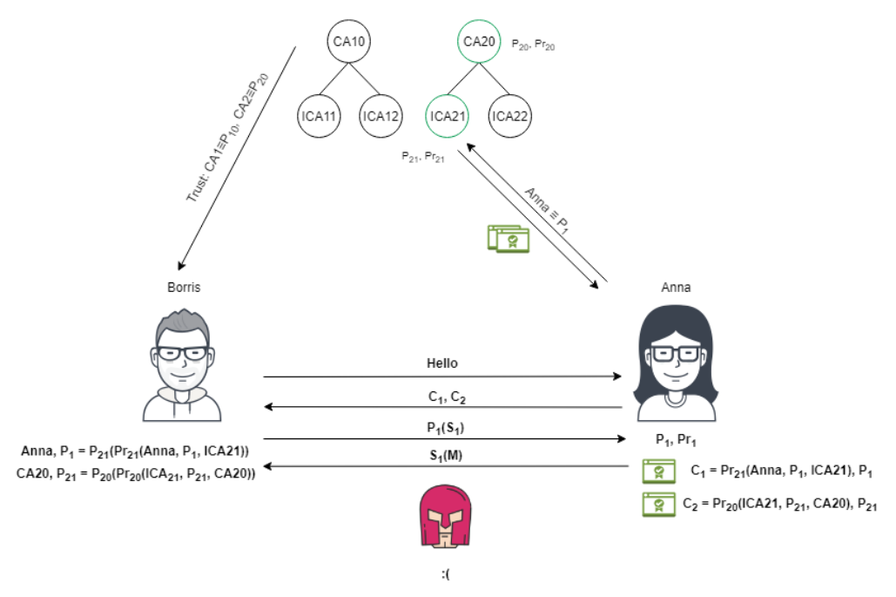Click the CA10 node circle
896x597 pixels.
(352, 41)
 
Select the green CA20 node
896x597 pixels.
(480, 41)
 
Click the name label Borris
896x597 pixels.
(183, 287)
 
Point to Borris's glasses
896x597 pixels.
(183, 353)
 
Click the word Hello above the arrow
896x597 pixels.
(442, 363)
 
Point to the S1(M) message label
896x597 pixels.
(443, 455)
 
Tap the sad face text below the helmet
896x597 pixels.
(447, 574)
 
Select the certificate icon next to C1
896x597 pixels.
(658, 471)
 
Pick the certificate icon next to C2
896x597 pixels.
(658, 504)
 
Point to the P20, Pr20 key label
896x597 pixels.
(533, 44)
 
